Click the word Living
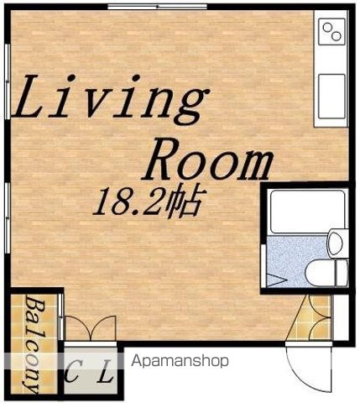click(x=111, y=99)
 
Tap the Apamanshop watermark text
click(x=180, y=361)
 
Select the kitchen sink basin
click(x=332, y=97)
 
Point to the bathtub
click(x=308, y=212)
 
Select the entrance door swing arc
click(x=308, y=370)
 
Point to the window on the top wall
click(x=157, y=6)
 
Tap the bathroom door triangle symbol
click(x=277, y=280)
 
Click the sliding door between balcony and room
click(x=61, y=316)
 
